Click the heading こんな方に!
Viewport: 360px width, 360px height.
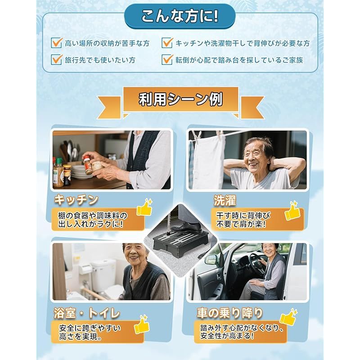(180, 16)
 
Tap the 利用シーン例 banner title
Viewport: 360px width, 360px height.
(180, 99)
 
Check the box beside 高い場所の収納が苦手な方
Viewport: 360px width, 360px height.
(57, 43)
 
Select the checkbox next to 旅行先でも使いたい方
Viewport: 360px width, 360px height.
(57, 59)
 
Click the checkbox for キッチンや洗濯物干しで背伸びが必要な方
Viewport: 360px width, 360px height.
(167, 43)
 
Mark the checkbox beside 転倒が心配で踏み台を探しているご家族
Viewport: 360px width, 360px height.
(167, 59)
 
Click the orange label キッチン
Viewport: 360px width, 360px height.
(76, 200)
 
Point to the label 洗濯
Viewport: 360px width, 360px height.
(225, 200)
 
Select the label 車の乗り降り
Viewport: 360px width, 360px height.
(229, 313)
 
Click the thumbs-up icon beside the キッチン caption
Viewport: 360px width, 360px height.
(144, 207)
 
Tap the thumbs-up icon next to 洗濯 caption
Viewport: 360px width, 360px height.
(292, 211)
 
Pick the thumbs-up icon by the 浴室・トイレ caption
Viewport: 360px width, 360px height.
(142, 324)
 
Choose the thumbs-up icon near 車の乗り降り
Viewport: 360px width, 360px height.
(288, 317)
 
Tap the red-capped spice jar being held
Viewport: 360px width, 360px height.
(87, 165)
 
